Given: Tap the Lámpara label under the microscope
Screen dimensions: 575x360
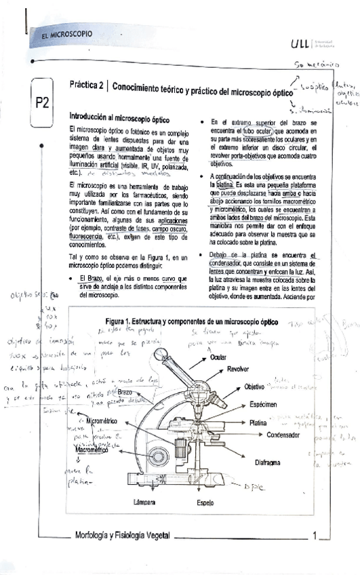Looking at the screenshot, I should (x=146, y=502).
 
